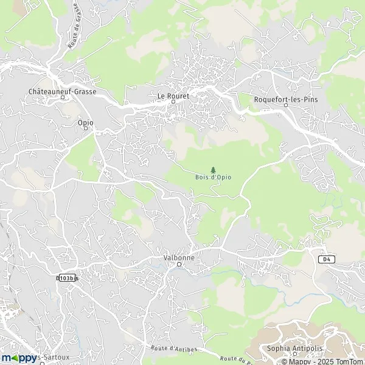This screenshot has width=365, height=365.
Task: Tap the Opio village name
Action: [x=86, y=122]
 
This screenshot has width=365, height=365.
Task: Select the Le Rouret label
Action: [x=173, y=96]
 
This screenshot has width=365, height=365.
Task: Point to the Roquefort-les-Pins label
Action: [x=285, y=97]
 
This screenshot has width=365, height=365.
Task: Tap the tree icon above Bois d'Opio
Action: [x=212, y=170]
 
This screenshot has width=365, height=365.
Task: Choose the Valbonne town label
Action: [x=179, y=257]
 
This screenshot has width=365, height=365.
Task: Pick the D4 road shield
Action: [x=327, y=259]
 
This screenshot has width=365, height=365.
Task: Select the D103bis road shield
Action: [x=68, y=278]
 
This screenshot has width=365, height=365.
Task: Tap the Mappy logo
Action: [x=19, y=358]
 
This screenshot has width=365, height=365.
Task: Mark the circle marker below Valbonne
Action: [x=179, y=265]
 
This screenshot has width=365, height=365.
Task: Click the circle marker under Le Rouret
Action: [x=173, y=103]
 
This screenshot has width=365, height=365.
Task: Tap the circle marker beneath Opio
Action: [x=86, y=130]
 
